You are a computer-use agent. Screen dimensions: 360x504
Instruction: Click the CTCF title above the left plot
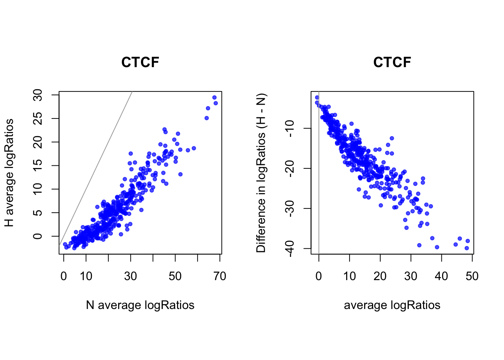pos(140,62)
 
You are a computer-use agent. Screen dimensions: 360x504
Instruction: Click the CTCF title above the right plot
pos(392,62)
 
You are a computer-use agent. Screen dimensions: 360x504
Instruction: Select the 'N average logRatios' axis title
pos(140,305)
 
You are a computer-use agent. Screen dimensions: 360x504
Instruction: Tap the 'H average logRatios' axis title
pos(9,173)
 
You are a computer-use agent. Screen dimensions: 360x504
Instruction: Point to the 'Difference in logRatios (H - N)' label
pos(261,173)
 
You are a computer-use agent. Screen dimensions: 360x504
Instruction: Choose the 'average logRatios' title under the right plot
pos(392,305)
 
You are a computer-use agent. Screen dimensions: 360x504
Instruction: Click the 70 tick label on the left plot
pos(220,276)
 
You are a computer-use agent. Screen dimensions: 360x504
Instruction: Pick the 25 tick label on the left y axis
pos(38,118)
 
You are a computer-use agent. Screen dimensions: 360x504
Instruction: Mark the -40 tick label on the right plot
pos(290,248)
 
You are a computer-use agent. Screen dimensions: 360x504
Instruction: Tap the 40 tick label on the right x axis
pos(441,276)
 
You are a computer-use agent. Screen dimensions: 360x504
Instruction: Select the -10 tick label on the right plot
pos(290,128)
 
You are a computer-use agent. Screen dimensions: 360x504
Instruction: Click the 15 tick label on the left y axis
pos(38,165)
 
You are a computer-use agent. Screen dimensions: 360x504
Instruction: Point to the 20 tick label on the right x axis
pos(380,276)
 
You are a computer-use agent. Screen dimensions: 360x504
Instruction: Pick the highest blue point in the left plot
pos(214,97)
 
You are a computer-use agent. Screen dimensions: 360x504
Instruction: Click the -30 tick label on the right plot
pos(290,208)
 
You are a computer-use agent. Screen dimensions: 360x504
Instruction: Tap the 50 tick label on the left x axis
pos(175,276)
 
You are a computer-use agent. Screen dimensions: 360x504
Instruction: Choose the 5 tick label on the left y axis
pos(38,213)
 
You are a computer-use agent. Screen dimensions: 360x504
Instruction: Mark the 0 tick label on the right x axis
pos(319,276)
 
